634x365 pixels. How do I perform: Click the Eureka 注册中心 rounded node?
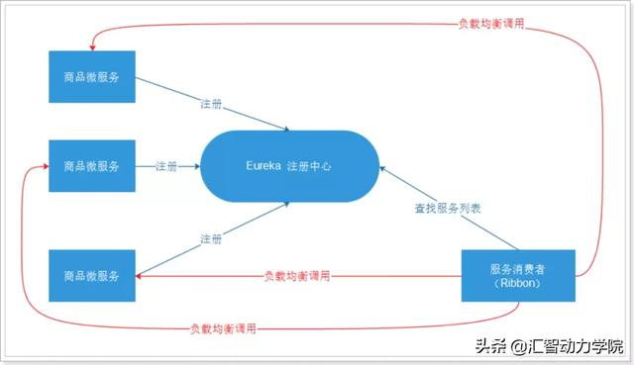click(288, 166)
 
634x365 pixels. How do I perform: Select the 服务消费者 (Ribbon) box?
click(519, 275)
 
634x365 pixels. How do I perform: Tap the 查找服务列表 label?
click(449, 209)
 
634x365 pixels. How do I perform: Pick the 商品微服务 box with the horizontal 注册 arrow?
click(92, 166)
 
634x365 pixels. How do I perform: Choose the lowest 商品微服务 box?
click(92, 275)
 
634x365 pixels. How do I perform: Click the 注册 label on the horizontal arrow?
click(166, 166)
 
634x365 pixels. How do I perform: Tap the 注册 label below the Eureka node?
click(211, 239)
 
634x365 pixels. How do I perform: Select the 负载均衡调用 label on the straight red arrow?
click(297, 276)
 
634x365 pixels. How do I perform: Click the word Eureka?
click(264, 166)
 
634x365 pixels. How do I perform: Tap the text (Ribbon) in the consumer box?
click(519, 283)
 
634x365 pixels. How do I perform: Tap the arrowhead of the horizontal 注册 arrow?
click(195, 166)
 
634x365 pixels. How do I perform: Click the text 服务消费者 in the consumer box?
click(519, 268)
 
